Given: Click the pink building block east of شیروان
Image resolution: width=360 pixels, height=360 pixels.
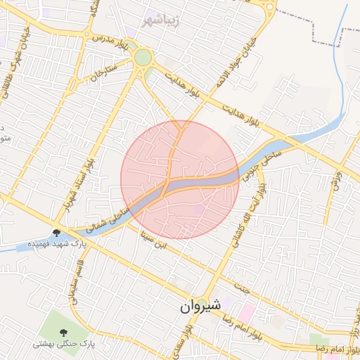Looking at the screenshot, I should pos(246,310).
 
